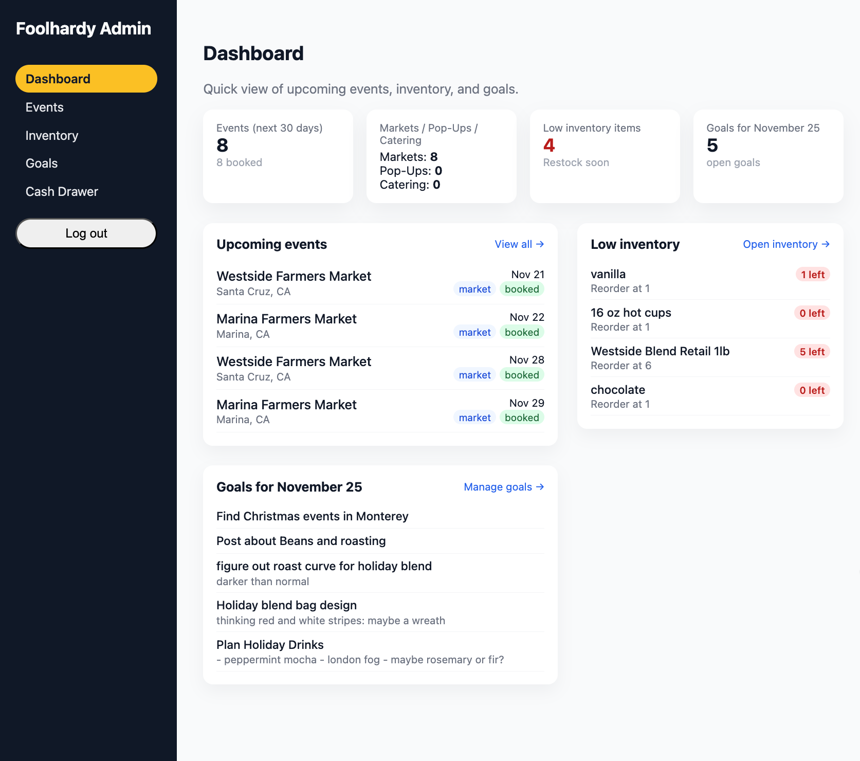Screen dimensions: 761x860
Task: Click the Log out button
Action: (x=86, y=233)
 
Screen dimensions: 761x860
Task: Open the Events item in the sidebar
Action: (x=45, y=107)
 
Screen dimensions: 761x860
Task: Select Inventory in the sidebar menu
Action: (x=52, y=136)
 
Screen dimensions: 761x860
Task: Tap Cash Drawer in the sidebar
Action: (x=62, y=192)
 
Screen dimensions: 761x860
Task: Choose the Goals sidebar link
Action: (x=42, y=164)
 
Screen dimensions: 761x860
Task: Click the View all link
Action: (x=519, y=244)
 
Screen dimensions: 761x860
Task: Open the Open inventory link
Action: (x=786, y=244)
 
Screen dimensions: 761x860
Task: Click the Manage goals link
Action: (x=503, y=487)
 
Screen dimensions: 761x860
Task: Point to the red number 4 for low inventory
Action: (x=549, y=146)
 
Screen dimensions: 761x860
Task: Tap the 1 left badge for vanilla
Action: (x=812, y=275)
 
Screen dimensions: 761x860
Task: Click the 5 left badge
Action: (x=812, y=352)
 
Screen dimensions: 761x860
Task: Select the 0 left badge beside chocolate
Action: (x=812, y=390)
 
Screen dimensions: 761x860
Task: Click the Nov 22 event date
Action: (x=526, y=317)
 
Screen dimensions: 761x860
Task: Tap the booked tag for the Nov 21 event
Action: (x=522, y=289)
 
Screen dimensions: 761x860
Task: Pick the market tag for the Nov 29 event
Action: (x=474, y=418)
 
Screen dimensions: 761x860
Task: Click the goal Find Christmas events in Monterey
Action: (x=312, y=516)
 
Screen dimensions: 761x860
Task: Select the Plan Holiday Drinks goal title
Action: (x=270, y=645)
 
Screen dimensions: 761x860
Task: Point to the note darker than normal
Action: (x=263, y=582)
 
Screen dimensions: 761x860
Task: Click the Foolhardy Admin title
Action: (x=83, y=29)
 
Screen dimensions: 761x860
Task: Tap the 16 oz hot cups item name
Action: (x=631, y=313)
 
